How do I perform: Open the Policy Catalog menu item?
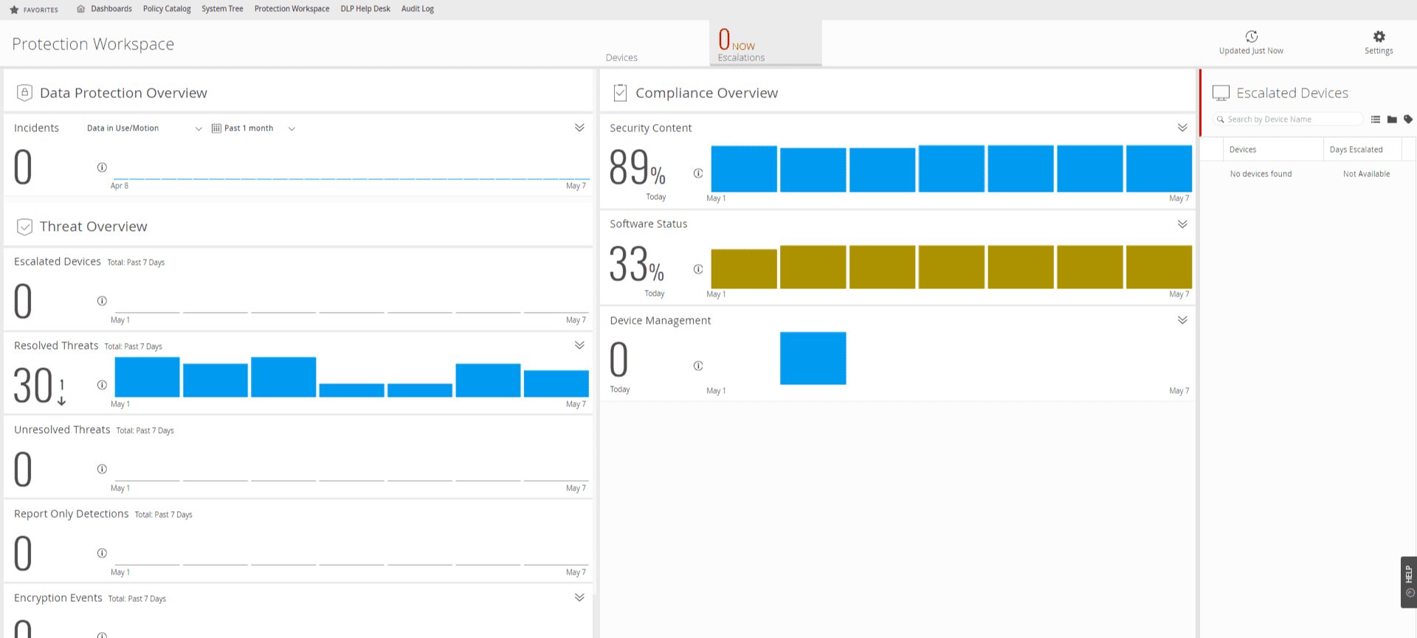[167, 9]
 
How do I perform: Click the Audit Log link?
[418, 9]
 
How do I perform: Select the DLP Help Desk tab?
[365, 9]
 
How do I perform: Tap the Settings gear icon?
[1379, 36]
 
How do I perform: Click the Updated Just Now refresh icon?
[1252, 36]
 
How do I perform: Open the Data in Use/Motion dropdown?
[144, 128]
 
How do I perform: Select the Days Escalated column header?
[1356, 150]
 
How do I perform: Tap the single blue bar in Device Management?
[813, 358]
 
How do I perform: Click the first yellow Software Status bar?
[744, 268]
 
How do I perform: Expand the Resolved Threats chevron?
[579, 345]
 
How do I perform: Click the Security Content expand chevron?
[1182, 128]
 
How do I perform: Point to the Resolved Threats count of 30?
[33, 386]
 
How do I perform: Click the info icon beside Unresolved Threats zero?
[102, 469]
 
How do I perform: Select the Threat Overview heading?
[94, 226]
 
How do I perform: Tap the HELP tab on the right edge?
[1408, 582]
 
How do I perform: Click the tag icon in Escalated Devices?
[1408, 119]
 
